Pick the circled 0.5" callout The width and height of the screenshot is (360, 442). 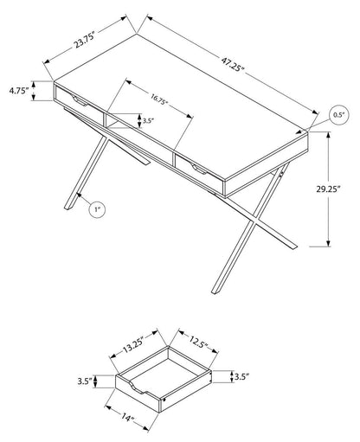click(339, 115)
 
